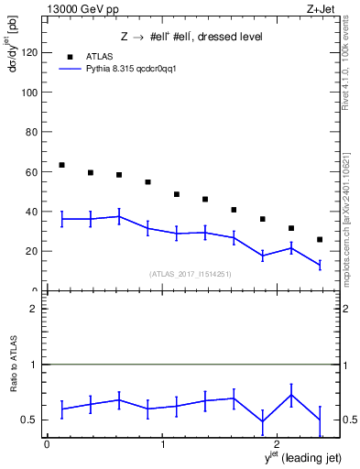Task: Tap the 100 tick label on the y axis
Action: (29, 93)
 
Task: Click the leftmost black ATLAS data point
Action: (61, 165)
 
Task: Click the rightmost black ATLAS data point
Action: (320, 240)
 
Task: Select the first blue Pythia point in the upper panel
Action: (61, 219)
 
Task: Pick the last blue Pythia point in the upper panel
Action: (320, 265)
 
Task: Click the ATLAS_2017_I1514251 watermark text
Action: (191, 274)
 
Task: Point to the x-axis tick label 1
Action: (162, 444)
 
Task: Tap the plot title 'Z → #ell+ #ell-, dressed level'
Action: (191, 38)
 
